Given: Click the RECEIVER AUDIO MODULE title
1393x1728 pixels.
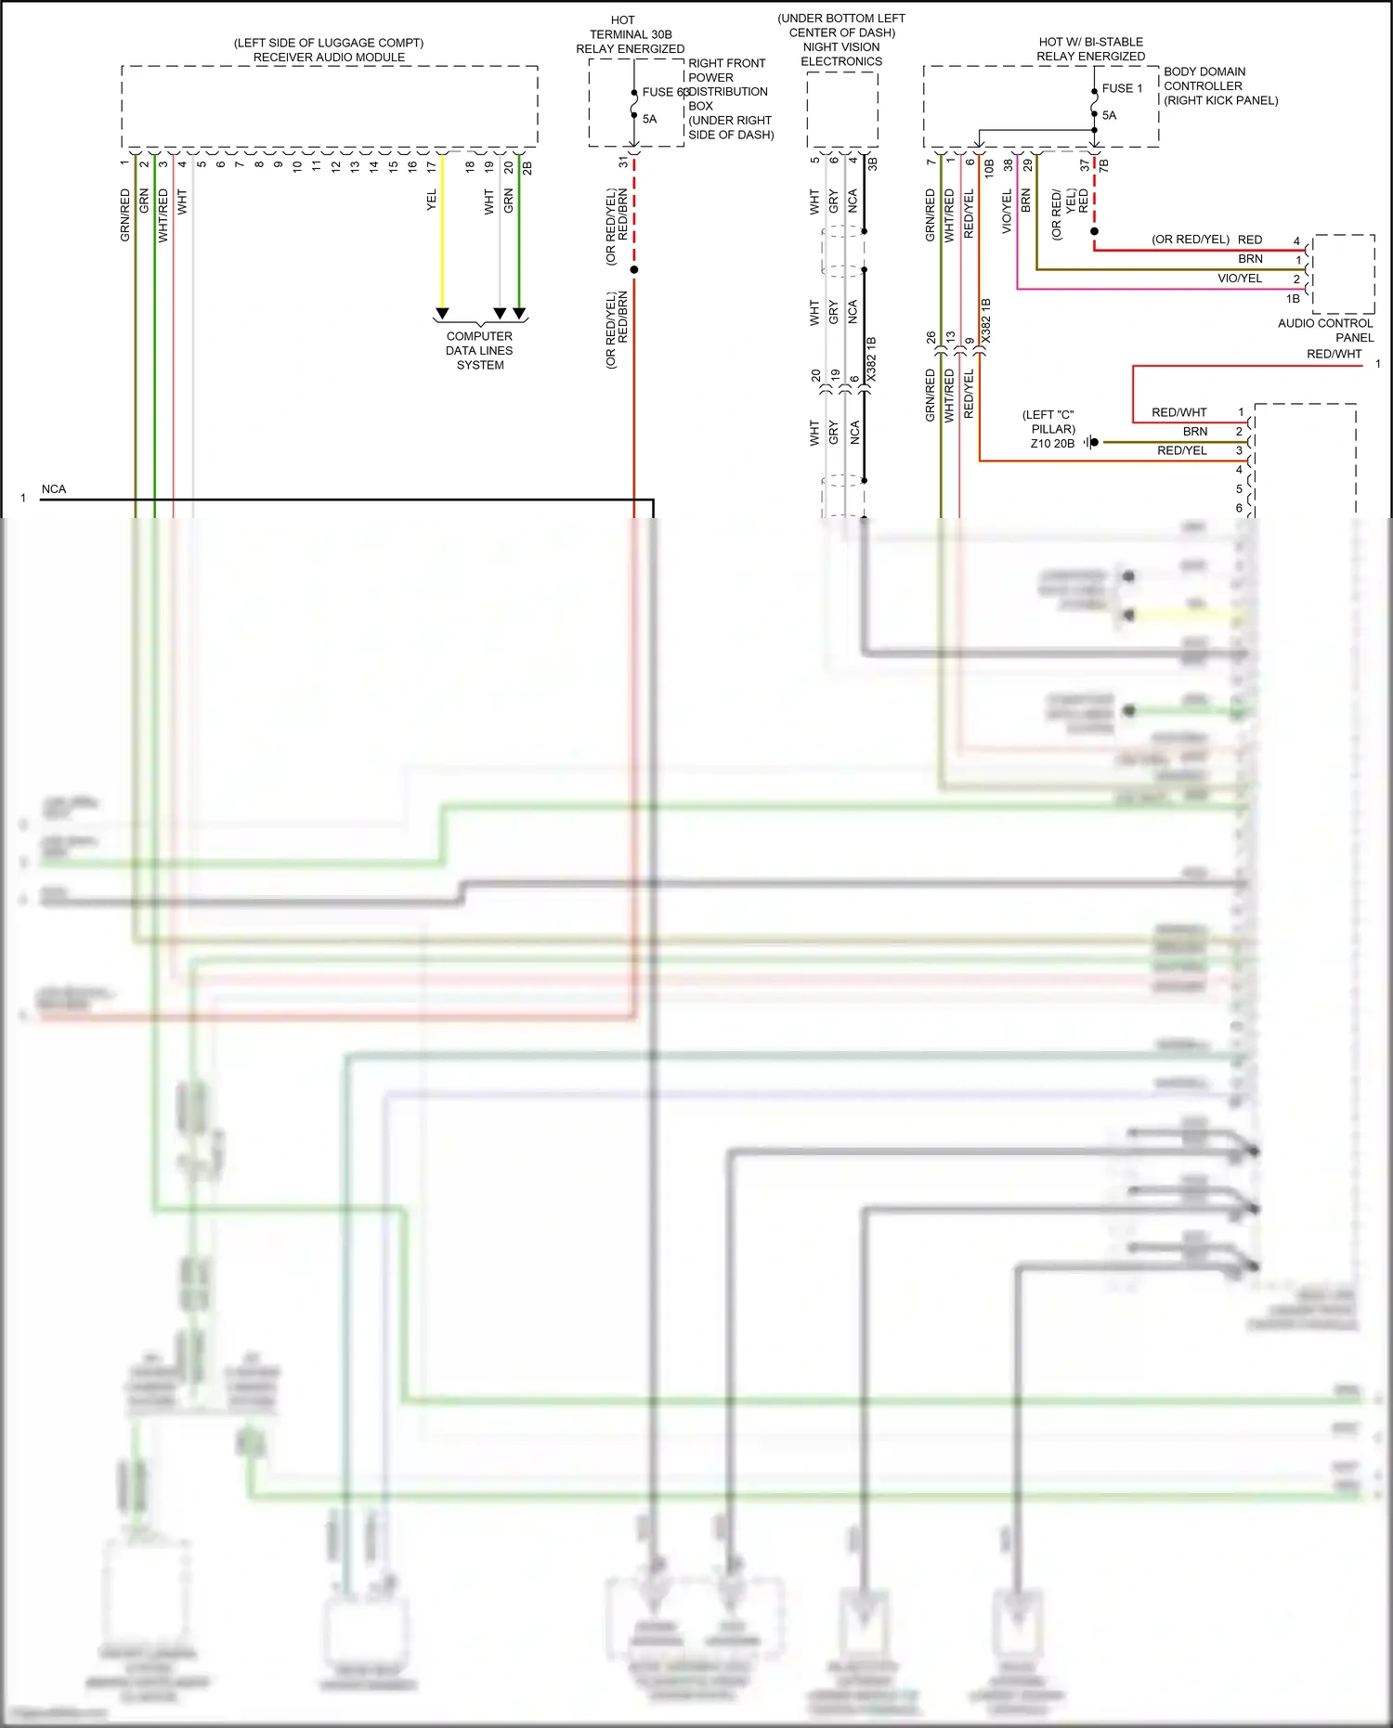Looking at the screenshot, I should pyautogui.click(x=329, y=57).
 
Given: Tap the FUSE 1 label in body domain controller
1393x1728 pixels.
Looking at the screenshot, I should pyautogui.click(x=1122, y=88).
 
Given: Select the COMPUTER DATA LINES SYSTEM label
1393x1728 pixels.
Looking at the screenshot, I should pyautogui.click(x=479, y=351).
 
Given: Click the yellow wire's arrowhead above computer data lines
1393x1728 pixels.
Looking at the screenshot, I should pyautogui.click(x=443, y=314).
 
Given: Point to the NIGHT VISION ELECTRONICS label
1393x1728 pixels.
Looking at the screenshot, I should pyautogui.click(x=841, y=54).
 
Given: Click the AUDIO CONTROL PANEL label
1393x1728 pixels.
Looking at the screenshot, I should pyautogui.click(x=1325, y=330).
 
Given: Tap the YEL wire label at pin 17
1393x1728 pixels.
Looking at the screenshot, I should pyautogui.click(x=432, y=201).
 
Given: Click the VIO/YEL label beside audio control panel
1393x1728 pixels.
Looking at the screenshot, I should pyautogui.click(x=1240, y=279).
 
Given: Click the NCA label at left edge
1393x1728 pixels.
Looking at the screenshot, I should pyautogui.click(x=54, y=489).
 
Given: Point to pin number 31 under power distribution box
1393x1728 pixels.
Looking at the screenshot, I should pyautogui.click(x=623, y=162).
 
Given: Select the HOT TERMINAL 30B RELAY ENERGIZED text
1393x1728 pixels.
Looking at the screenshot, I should pyautogui.click(x=630, y=34).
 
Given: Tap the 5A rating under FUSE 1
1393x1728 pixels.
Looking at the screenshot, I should pyautogui.click(x=1110, y=115).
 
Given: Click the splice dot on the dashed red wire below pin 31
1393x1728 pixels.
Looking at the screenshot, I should pyautogui.click(x=634, y=269).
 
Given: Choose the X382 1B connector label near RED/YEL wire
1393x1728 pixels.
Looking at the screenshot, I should pyautogui.click(x=986, y=320).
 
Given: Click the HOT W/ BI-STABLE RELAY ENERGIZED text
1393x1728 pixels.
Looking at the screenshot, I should pyautogui.click(x=1090, y=49).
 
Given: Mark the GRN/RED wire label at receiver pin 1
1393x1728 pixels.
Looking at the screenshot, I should pyautogui.click(x=125, y=215).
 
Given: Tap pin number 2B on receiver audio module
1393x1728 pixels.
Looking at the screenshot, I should pyautogui.click(x=527, y=167).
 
